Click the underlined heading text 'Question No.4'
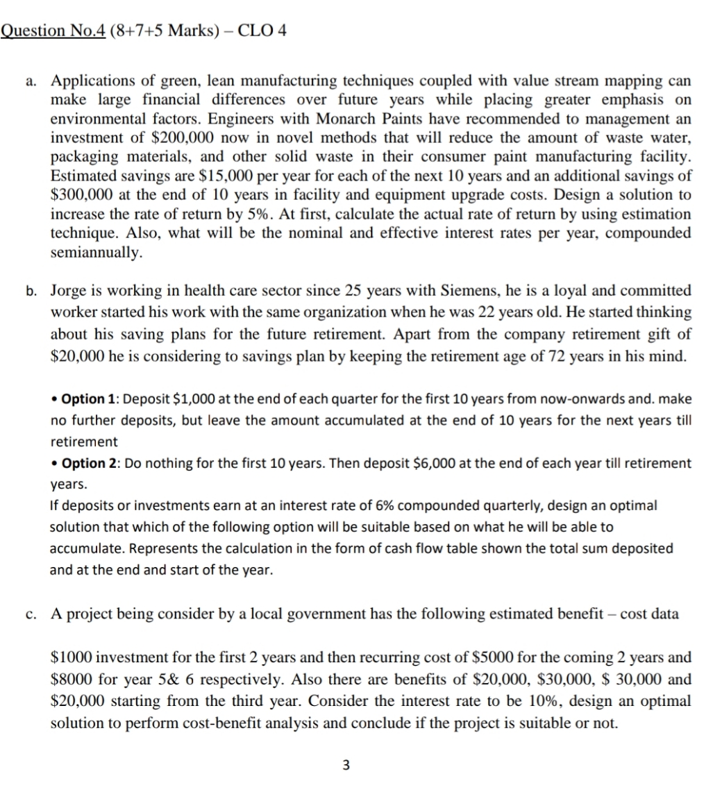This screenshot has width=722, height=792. tap(53, 31)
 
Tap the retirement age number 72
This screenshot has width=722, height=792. tap(575, 357)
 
